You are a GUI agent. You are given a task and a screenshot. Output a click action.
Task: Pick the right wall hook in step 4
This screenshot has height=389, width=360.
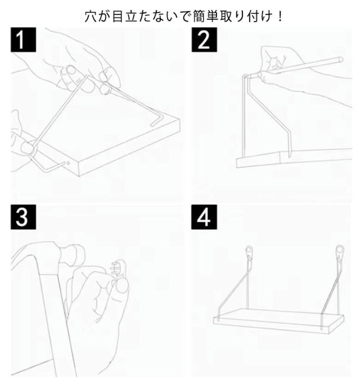point(339,251)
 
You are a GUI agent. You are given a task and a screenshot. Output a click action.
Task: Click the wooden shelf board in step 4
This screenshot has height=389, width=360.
point(278,320)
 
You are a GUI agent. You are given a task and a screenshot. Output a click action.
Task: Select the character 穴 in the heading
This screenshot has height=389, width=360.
point(89,15)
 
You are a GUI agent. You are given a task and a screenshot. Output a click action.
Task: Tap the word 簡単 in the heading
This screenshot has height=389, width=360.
point(211,15)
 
